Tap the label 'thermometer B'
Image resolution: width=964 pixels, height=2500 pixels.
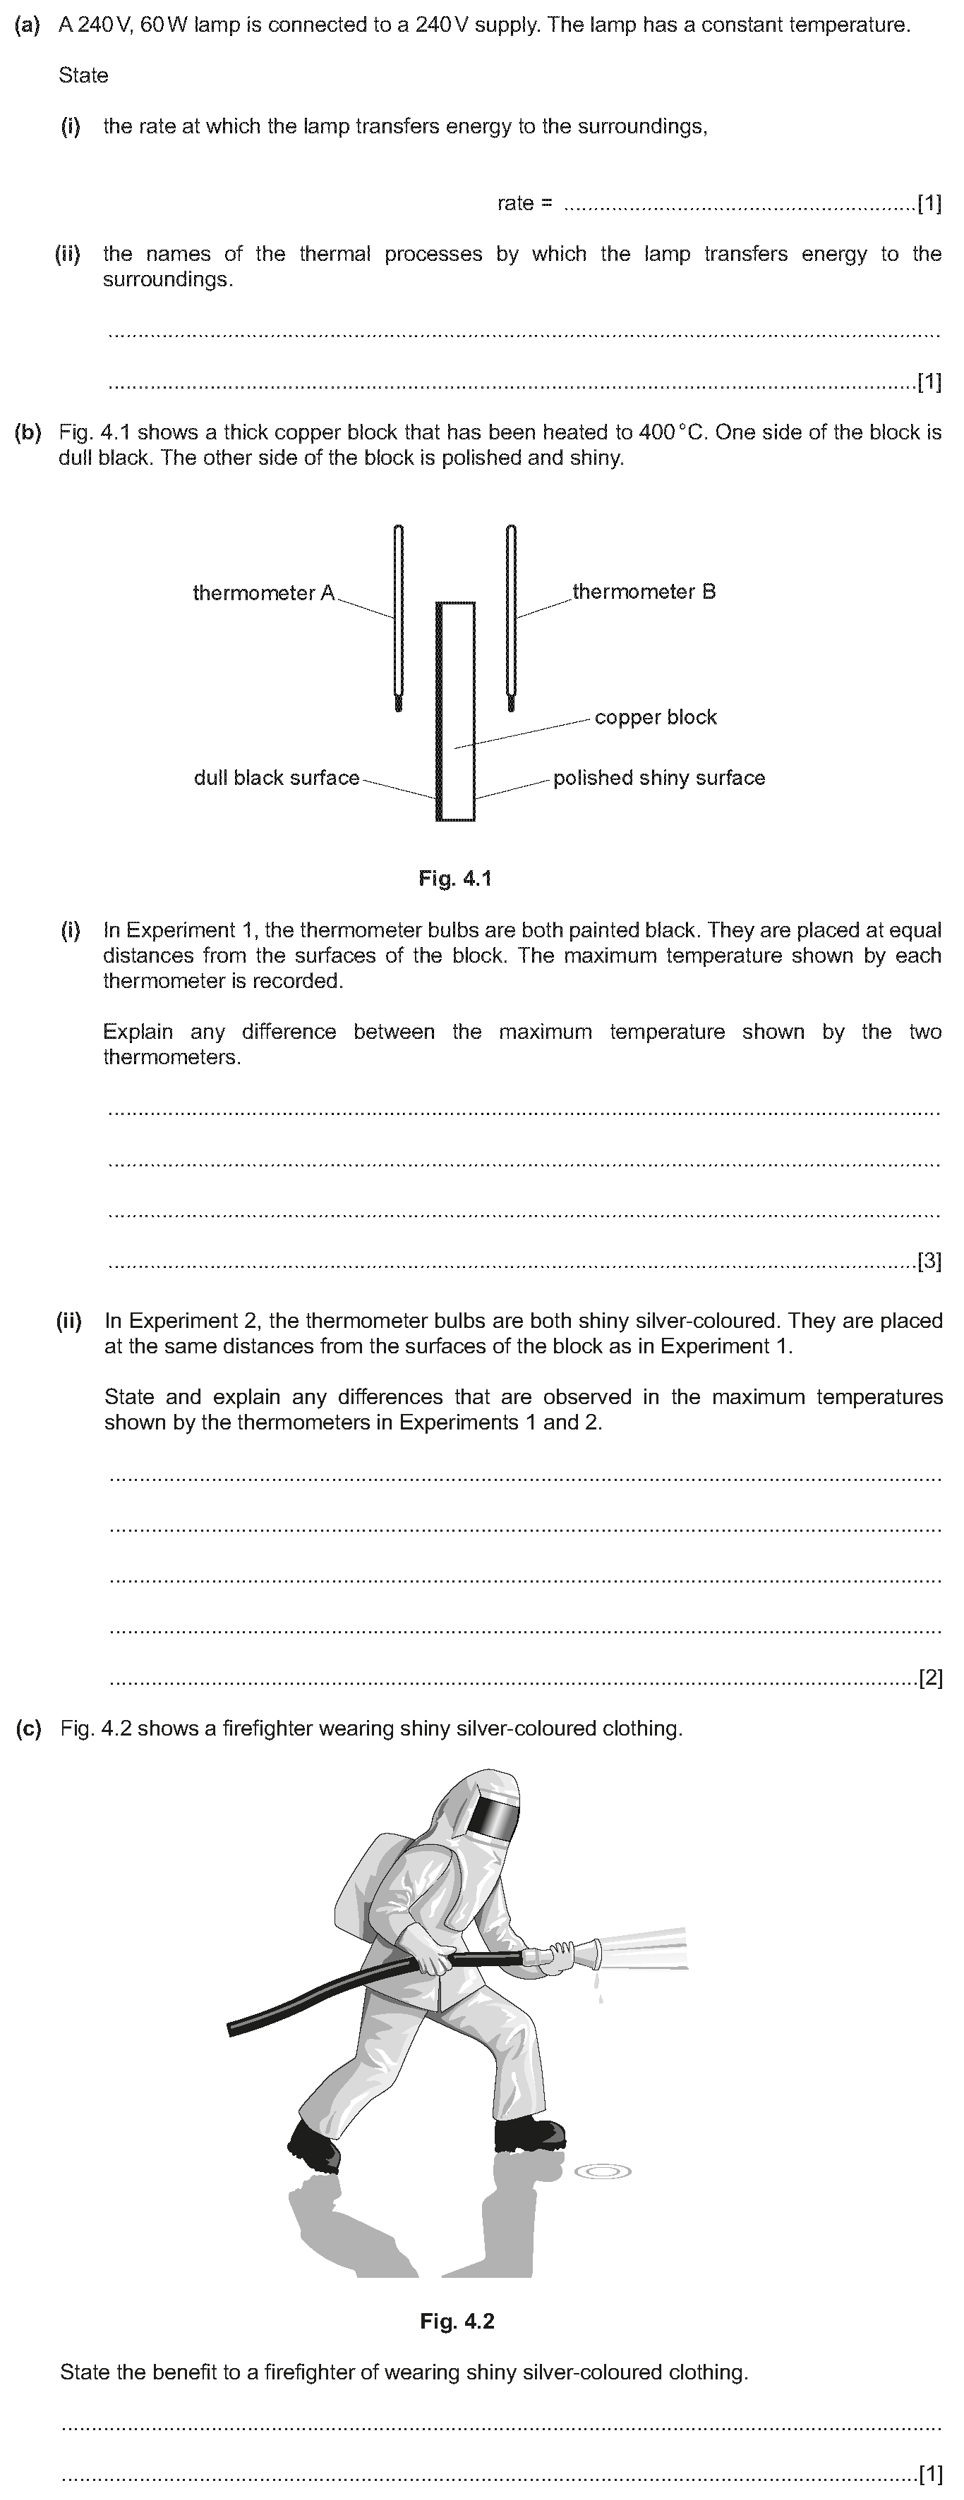coord(644,592)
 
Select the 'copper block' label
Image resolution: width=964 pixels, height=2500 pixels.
coord(656,717)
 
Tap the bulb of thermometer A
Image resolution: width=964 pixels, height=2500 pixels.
coord(398,702)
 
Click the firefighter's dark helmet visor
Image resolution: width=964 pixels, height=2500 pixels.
coord(493,1819)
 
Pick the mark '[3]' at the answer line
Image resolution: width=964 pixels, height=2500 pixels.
coord(929,1261)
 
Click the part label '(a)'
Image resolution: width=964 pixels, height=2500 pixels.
coord(28,25)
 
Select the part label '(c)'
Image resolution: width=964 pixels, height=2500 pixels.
coord(28,1728)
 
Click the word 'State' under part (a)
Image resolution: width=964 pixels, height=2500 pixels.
coord(83,75)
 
